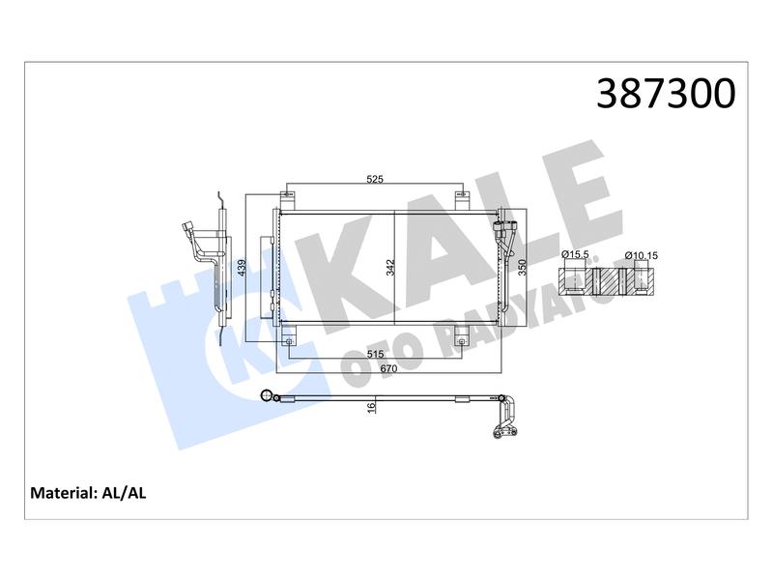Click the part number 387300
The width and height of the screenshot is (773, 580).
point(666,93)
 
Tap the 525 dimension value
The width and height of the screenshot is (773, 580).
point(375,179)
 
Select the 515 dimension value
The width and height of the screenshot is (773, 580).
point(375,354)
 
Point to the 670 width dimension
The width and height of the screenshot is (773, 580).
point(389,368)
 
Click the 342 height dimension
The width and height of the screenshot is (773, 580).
point(390,268)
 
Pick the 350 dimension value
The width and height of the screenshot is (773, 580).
point(522,268)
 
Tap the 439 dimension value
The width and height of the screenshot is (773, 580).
point(242,268)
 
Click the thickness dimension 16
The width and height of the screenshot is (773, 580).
point(371,407)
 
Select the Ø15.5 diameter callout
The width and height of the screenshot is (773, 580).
point(575,254)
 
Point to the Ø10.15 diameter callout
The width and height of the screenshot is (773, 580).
point(641,255)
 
